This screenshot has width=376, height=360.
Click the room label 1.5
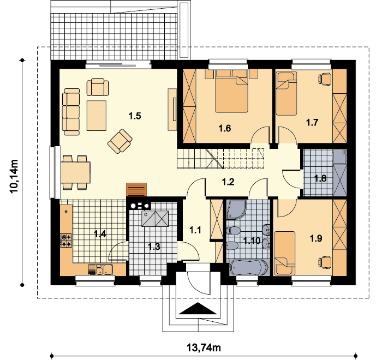[135, 116]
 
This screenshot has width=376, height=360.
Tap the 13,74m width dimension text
[204, 347]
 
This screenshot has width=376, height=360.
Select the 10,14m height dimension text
[14, 176]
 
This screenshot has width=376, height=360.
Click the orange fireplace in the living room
[136, 190]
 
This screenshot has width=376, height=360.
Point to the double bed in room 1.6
[231, 91]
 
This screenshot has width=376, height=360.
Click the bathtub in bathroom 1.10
[249, 267]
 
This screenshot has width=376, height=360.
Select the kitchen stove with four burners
[66, 241]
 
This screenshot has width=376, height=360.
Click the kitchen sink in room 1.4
[100, 269]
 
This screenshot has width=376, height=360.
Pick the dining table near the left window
[75, 172]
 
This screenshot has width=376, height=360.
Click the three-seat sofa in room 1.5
[71, 112]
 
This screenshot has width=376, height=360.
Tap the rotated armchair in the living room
[120, 141]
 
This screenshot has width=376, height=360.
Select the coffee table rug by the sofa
[97, 116]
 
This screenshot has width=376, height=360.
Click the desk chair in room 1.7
[325, 79]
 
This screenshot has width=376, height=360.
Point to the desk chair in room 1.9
[325, 262]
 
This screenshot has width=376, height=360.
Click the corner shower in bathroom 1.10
[236, 210]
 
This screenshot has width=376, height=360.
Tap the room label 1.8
[320, 178]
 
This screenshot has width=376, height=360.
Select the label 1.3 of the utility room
[154, 246]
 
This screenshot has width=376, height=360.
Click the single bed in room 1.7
[286, 93]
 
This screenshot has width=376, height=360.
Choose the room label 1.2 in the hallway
[228, 182]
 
